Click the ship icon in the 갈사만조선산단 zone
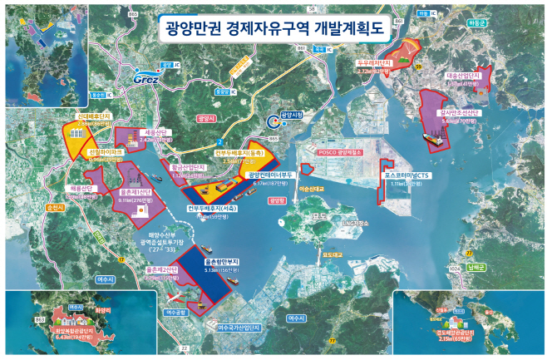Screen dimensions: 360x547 [434, 141]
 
